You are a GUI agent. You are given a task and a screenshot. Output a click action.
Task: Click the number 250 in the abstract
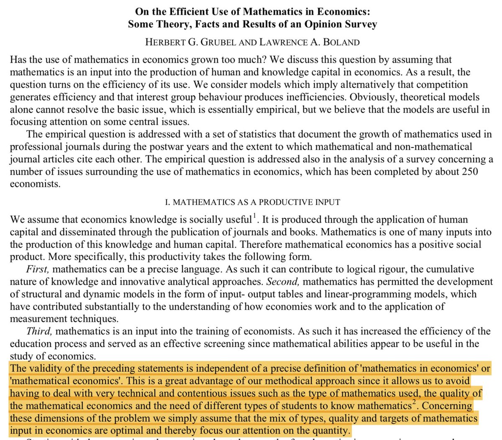click(470, 172)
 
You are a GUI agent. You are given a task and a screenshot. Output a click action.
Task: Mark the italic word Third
click(40, 332)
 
